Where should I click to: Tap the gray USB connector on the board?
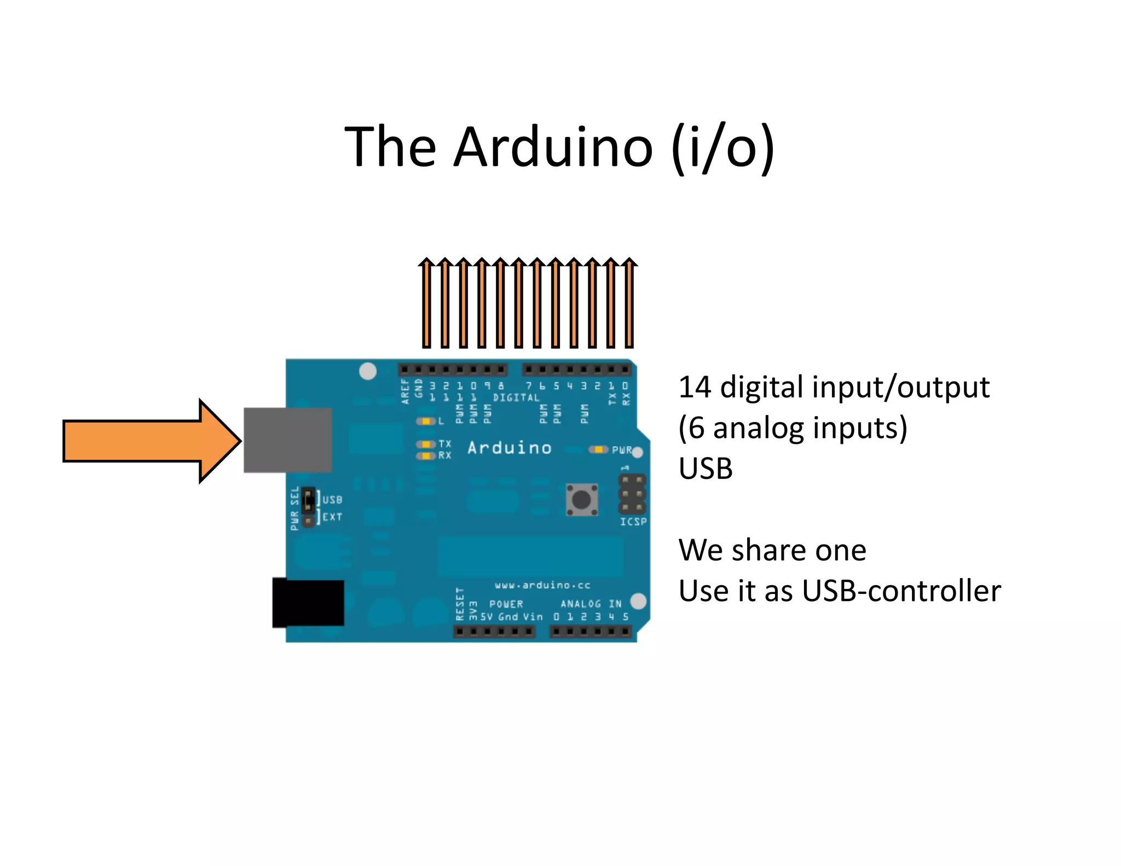tap(287, 440)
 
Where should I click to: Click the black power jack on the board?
tap(308, 603)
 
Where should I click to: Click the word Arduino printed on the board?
tap(509, 448)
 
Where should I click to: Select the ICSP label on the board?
tap(633, 522)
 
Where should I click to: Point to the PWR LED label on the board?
tap(621, 450)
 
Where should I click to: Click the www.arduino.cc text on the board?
tap(542, 585)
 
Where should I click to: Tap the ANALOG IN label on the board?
tap(591, 604)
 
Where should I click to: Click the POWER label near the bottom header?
tap(506, 604)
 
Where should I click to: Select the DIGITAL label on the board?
tap(516, 398)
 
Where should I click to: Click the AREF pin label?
tap(406, 391)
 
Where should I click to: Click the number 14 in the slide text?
tap(695, 388)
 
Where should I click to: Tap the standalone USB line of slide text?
tap(705, 469)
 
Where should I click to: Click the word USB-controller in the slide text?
tap(901, 591)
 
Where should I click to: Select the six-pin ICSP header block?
tap(632, 494)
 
